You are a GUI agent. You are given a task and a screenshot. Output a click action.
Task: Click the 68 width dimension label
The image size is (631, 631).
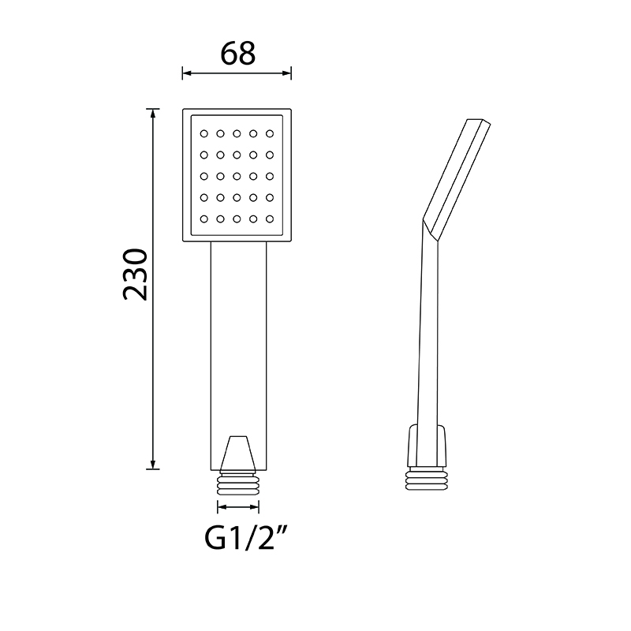(238, 54)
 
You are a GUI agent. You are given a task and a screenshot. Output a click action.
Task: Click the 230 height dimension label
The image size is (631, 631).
(135, 274)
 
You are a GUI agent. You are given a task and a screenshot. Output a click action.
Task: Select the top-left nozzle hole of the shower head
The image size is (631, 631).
(204, 133)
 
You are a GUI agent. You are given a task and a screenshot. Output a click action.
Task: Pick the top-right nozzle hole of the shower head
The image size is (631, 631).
(270, 133)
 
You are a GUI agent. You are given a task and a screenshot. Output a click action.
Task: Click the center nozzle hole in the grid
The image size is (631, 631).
(237, 176)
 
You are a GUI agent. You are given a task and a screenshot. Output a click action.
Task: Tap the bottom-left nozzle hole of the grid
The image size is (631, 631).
(204, 219)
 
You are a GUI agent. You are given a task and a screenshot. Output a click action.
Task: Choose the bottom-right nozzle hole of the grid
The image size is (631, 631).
(270, 219)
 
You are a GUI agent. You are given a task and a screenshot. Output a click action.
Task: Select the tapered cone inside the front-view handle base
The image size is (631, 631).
(238, 453)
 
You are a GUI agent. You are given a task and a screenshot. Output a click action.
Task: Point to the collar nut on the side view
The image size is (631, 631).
(427, 446)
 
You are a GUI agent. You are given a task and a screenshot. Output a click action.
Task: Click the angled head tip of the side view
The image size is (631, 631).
(479, 122)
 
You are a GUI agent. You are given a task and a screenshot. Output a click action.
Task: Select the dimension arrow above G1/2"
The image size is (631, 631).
(238, 506)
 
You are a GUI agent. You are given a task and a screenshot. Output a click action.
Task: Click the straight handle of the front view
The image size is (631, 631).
(238, 356)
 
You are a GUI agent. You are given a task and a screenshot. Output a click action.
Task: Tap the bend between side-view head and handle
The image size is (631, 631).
(431, 230)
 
